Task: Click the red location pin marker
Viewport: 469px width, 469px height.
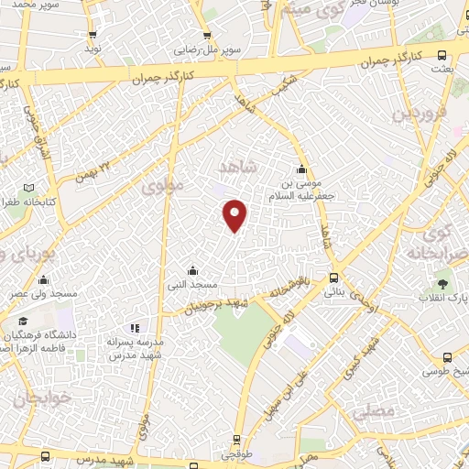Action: click(235, 215)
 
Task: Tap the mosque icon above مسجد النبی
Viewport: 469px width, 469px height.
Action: click(192, 270)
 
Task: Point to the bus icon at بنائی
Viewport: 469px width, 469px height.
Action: click(333, 278)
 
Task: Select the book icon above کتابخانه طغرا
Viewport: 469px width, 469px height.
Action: click(40, 187)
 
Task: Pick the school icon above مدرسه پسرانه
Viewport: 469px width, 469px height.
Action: click(135, 328)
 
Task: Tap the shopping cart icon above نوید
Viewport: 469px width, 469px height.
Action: click(93, 34)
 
